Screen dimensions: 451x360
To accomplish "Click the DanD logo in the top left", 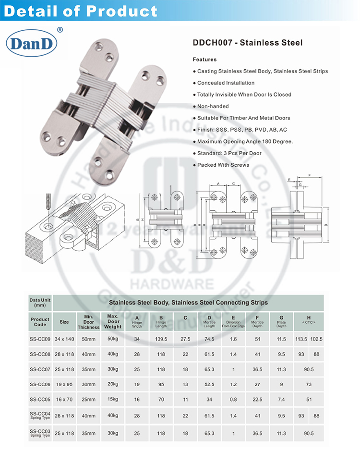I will click(31, 44).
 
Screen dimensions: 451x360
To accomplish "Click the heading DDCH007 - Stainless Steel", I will click(247, 43).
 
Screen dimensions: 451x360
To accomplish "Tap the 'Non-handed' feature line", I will click(213, 106).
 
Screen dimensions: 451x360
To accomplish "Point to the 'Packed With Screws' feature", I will click(223, 165).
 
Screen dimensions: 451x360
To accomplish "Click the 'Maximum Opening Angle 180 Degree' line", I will click(245, 141).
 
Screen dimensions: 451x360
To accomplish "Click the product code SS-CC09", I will click(40, 339).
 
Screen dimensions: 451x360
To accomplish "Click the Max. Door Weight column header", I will click(113, 322).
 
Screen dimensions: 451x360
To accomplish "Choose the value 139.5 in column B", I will click(161, 339).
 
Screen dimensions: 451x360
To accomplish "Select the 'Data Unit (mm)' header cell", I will click(40, 302).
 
